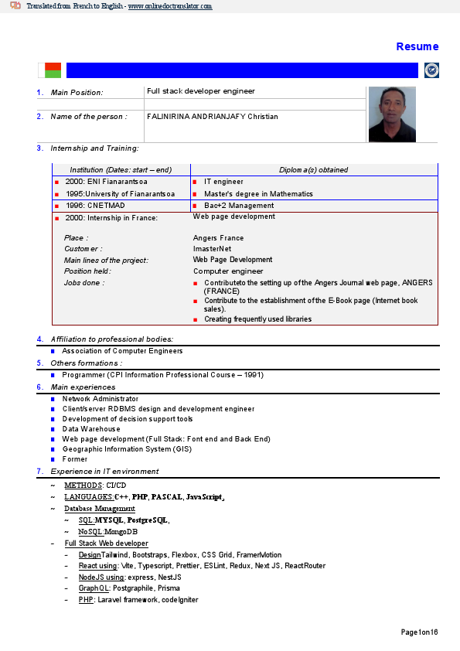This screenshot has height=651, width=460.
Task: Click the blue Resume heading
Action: pos(417,46)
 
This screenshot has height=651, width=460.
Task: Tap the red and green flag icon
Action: pos(53,70)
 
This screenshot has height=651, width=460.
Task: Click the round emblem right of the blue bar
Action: pos(431,70)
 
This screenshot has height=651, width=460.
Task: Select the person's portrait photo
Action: pos(392,114)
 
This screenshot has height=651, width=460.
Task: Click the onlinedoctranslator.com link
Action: pos(170,6)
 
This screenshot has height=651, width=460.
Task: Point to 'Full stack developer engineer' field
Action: pos(200,91)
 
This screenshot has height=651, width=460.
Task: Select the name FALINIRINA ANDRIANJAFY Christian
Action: pos(212,117)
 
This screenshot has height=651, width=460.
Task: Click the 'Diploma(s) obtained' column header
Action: pos(313,170)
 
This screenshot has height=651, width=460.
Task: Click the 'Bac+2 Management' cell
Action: pos(239,206)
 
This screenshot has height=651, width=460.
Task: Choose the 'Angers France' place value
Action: pos(218,238)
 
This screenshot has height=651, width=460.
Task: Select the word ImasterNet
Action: pos(212,249)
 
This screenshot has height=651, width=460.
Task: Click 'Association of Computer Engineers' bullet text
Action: pos(122,351)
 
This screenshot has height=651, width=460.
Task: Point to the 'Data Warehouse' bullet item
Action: pos(91,429)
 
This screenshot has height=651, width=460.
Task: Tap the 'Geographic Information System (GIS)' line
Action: pos(127,449)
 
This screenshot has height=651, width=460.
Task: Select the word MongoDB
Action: pos(121,532)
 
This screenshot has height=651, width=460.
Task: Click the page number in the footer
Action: pos(419,632)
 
